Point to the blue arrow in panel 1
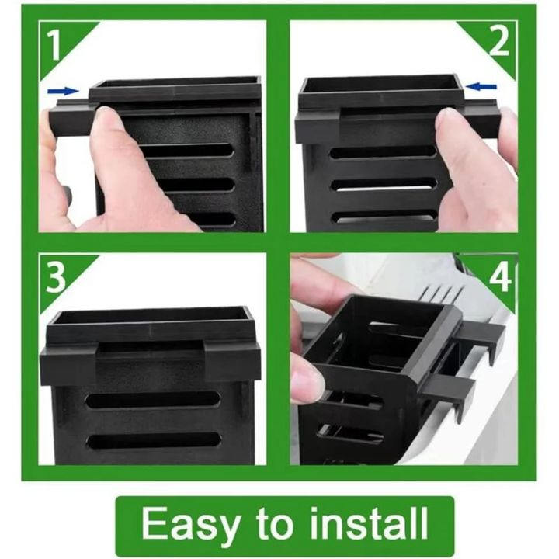tap(62, 91)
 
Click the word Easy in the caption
tap(190, 525)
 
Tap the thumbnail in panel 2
tap(449, 118)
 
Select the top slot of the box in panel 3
tap(152, 400)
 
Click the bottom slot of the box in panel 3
tap(152, 440)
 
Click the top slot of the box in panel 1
tap(186, 150)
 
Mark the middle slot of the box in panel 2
tap(384, 184)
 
